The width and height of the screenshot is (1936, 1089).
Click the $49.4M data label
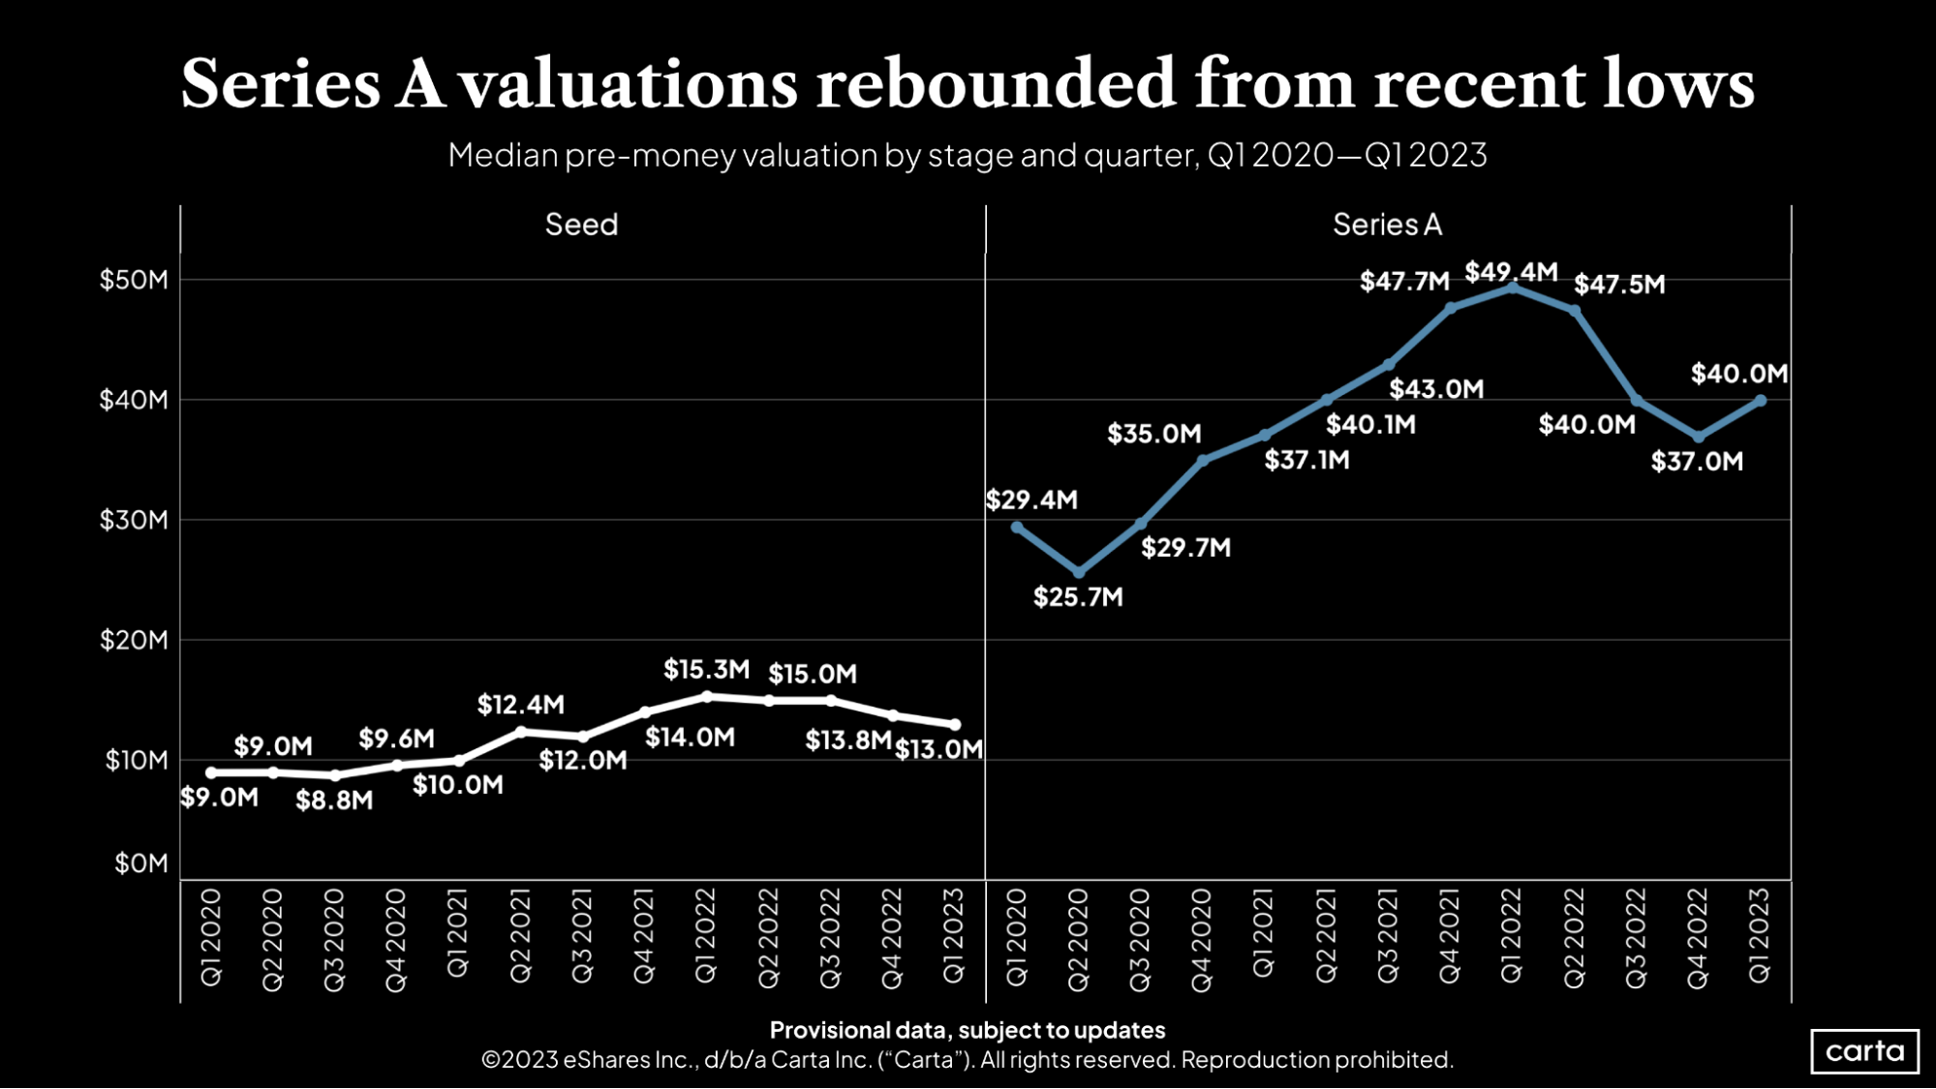point(1511,272)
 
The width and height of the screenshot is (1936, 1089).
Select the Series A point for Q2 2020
point(1079,573)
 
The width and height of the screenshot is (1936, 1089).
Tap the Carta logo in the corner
point(1864,1051)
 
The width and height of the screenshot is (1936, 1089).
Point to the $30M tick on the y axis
point(134,520)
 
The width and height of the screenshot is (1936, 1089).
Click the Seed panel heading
point(581,225)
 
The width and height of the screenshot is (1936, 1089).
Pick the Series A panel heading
point(1387,225)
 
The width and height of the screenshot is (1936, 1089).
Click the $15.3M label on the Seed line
point(706,669)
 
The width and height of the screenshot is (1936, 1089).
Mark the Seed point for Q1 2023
point(955,724)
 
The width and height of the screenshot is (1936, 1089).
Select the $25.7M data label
point(1078,597)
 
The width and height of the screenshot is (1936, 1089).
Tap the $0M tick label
point(141,862)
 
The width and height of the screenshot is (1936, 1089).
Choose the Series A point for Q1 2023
point(1761,400)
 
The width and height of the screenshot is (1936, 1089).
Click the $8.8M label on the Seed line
point(334,801)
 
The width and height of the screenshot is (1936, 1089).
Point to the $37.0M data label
point(1697,462)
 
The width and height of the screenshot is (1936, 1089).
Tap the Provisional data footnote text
point(967,1030)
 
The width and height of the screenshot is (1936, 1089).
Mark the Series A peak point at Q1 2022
point(1513,287)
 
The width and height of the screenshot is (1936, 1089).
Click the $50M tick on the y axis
point(134,280)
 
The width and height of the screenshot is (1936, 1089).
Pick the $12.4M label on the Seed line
point(520,705)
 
